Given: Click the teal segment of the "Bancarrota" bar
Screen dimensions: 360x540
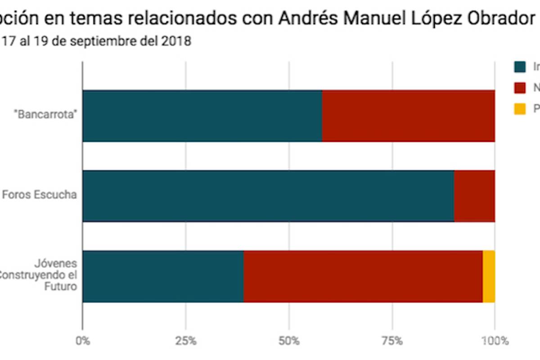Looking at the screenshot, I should pos(202,116).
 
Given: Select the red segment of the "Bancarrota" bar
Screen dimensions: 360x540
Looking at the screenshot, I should pos(409,116).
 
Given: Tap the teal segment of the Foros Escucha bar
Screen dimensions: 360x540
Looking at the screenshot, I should pos(268,196).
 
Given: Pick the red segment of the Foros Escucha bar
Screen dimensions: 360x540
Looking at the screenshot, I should pos(474,196).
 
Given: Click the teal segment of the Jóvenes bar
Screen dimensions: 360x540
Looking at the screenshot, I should pos(163,276).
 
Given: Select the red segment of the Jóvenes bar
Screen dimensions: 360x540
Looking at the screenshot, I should pos(363,276).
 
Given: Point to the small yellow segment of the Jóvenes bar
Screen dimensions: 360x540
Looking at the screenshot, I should pos(489,276).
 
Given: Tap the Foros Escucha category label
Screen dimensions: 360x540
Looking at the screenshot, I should pos(40,195).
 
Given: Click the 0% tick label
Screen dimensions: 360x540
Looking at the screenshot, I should pos(82,341).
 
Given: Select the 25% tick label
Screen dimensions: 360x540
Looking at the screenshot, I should pos(185,341).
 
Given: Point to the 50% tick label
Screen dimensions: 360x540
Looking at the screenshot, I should pos(289,341).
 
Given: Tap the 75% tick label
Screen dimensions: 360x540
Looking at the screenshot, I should pos(392,341).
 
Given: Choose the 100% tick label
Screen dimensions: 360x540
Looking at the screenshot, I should pos(495,341).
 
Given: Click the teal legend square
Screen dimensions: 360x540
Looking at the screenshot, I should pos(520,67).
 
